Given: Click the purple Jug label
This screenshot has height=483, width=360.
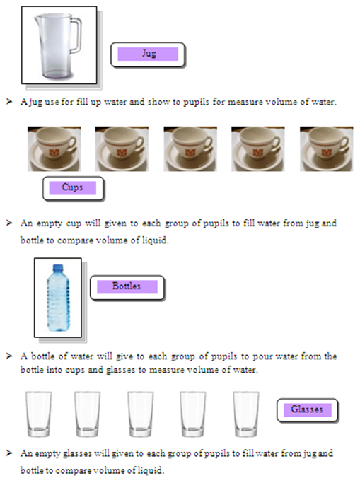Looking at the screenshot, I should coord(149,54).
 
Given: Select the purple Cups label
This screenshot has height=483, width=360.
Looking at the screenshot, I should coord(73,188).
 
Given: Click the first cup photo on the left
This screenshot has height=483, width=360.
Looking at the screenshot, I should coord(54,149).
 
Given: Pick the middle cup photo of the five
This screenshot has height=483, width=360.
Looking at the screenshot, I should coord(190,149).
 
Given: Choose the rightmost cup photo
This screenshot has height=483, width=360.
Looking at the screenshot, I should coord(326,149).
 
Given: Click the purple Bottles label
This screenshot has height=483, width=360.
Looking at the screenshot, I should coord(127,287).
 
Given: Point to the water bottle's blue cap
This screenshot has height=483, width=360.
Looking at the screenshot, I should coord(57,268).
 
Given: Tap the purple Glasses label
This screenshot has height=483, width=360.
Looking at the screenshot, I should coord(307,409).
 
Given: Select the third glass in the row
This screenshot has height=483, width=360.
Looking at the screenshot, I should coord(140,414).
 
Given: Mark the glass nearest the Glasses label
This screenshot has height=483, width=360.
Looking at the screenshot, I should coord(246,414).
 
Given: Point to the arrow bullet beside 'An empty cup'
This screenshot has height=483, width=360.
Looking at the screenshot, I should coord(9,223).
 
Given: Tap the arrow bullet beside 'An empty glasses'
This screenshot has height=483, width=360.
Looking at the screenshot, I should coord(9,451).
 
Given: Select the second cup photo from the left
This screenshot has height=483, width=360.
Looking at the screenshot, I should coord(122,149).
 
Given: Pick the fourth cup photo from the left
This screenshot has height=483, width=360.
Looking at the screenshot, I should coord(258,149).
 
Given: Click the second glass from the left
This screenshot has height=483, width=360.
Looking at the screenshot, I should coord(87,414).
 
